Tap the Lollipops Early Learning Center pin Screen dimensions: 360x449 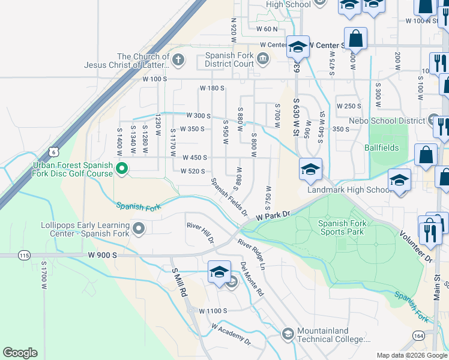pos(139,228)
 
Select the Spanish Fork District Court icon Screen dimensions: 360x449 pos(263,58)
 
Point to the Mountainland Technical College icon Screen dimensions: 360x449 pos(288,333)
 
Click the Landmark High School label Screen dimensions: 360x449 pos(349,190)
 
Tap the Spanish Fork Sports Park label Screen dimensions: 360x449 pos(341,227)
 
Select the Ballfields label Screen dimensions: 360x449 pos(381,148)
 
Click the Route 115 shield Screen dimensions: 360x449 pos(24,256)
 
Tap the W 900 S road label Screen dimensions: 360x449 pos(101,256)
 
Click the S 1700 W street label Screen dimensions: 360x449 pos(44,275)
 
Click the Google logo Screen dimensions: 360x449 pos(20,353)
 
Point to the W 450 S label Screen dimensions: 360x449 pos(195,158)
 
